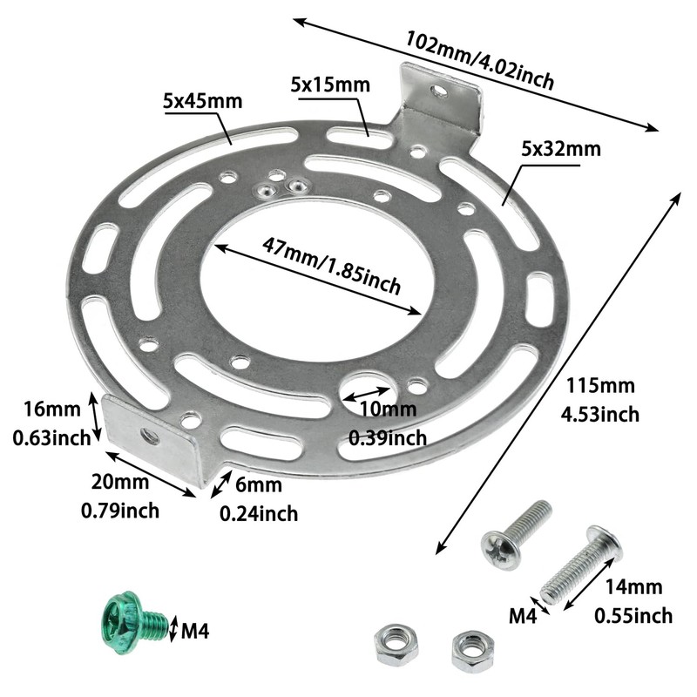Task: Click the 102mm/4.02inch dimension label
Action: point(480,62)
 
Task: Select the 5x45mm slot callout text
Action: point(202,101)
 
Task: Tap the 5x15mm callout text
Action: point(330,85)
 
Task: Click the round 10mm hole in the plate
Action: point(367,389)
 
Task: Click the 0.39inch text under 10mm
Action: point(387,436)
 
